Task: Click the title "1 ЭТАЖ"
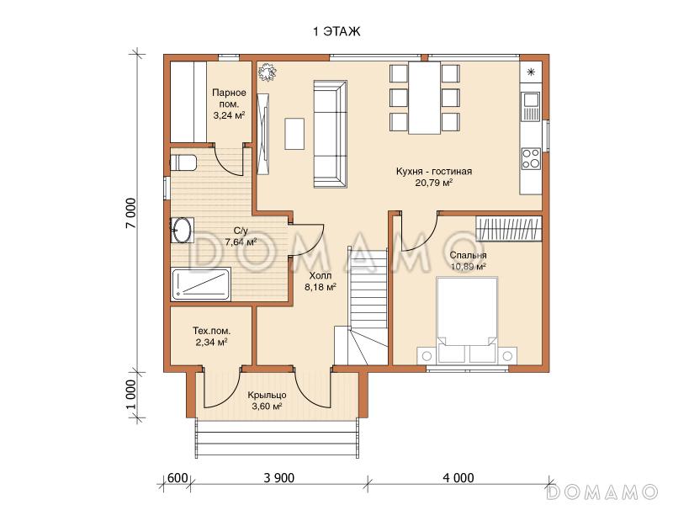click(x=336, y=32)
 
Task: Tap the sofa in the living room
click(x=330, y=134)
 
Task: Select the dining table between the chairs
click(x=425, y=98)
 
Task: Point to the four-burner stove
click(x=531, y=158)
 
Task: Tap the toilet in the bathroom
click(x=183, y=163)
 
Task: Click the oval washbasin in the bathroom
click(x=182, y=230)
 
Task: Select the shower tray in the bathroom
click(x=201, y=284)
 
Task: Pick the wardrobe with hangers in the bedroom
click(x=509, y=228)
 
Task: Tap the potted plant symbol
click(x=267, y=72)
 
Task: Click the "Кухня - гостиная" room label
click(x=434, y=172)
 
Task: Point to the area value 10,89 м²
click(x=469, y=267)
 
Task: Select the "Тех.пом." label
click(x=211, y=331)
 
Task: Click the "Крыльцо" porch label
click(x=267, y=395)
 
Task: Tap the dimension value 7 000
click(x=133, y=214)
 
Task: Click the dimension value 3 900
click(x=279, y=478)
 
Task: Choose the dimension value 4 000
click(x=458, y=478)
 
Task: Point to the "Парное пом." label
click(x=229, y=98)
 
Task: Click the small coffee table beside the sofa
click(x=294, y=134)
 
